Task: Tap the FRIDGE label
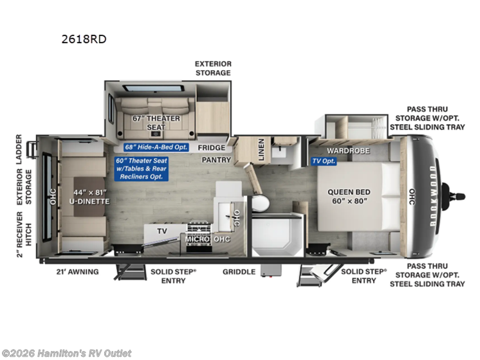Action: click(212, 148)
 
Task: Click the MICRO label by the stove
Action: click(197, 239)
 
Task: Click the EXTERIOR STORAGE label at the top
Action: click(213, 68)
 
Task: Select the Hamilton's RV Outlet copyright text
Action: click(67, 353)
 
